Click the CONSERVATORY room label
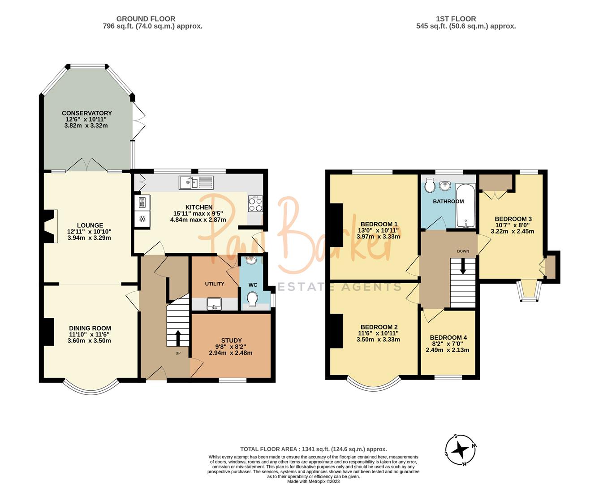coord(86,113)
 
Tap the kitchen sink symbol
coord(196,182)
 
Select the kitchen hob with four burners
coord(255,204)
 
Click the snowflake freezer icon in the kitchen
coord(142,219)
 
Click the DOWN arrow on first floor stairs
coord(463,268)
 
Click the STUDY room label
coord(231,340)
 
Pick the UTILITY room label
coord(214,284)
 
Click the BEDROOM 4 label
coord(448,337)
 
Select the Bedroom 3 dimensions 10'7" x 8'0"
coord(513,225)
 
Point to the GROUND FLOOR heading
coord(146,19)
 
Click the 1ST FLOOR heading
coord(456,19)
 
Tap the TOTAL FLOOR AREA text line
coord(313,449)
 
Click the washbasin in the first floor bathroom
coord(444,186)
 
